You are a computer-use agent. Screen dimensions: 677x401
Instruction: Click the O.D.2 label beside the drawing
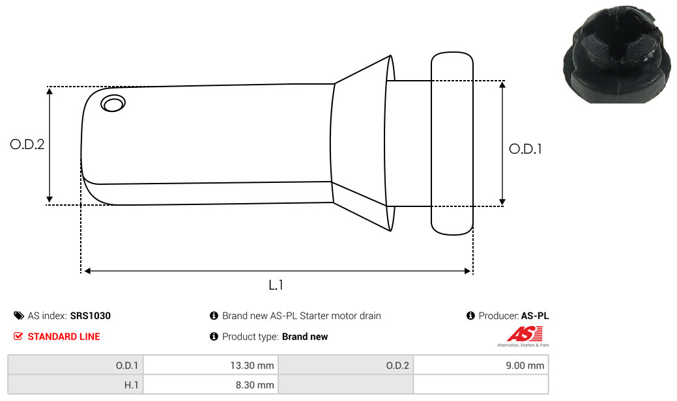(27, 144)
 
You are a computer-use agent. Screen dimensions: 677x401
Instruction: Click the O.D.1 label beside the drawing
(525, 149)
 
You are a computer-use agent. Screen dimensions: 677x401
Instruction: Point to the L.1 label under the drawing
(276, 285)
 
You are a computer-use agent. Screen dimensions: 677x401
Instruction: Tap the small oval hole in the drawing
(113, 103)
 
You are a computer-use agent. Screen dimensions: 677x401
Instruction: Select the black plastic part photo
(618, 54)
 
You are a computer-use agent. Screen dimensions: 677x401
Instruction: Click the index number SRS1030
(90, 316)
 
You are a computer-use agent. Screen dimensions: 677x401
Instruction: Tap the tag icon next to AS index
(18, 316)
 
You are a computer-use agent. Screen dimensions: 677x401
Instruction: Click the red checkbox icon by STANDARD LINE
(18, 337)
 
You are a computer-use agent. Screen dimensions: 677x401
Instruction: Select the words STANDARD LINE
(64, 337)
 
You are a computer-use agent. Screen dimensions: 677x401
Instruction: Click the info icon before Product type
(214, 337)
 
